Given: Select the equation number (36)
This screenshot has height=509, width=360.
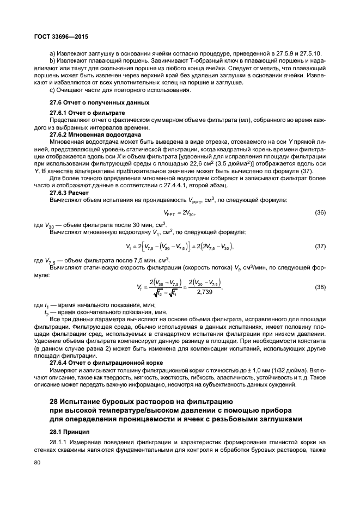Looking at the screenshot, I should (x=321, y=213).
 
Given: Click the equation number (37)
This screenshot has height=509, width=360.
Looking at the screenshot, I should (x=321, y=247).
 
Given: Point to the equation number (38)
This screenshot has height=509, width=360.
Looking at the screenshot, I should (x=321, y=286).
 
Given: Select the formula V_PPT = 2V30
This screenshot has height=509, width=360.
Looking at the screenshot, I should (x=179, y=213).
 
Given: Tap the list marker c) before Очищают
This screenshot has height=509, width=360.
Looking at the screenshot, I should (x=52, y=90).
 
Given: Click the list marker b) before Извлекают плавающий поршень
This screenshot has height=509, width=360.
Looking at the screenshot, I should (x=52, y=60).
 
